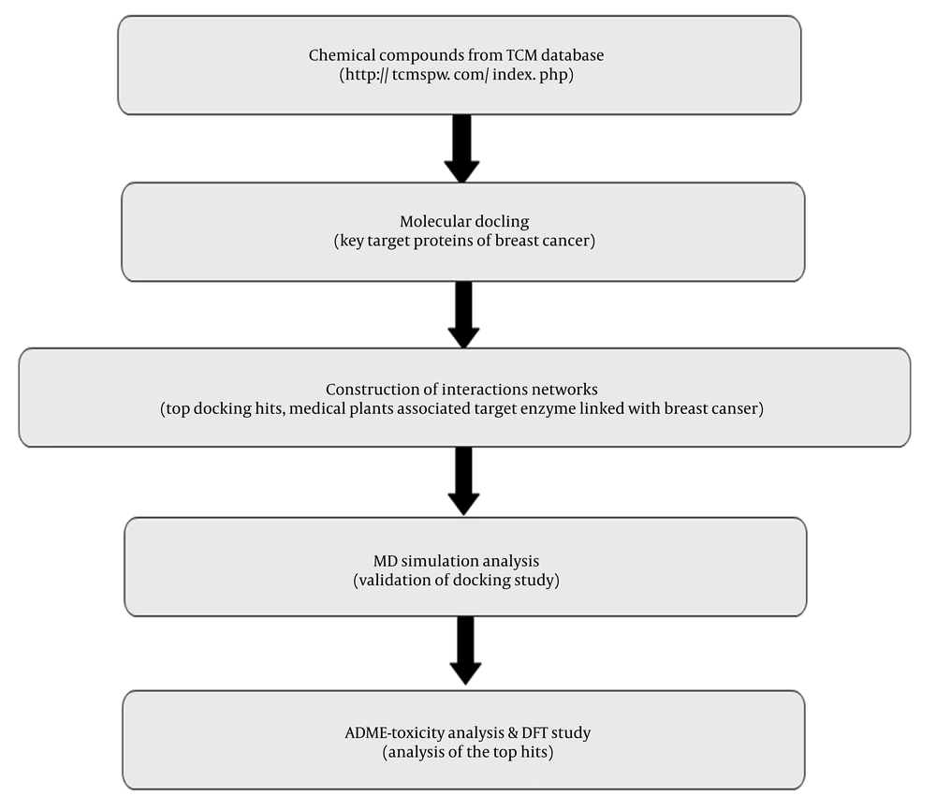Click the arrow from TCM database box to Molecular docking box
click(x=461, y=149)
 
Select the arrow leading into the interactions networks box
click(x=464, y=315)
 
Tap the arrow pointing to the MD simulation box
click(x=464, y=481)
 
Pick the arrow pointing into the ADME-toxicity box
click(x=465, y=651)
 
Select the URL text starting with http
click(x=457, y=75)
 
